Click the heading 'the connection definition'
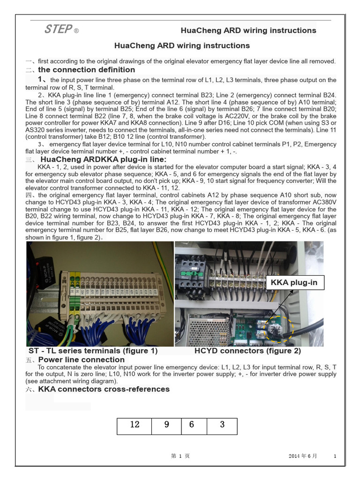(x=86, y=70)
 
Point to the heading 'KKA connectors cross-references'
(x=104, y=389)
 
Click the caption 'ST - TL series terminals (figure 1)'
(x=93, y=351)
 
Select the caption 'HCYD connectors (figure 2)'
(x=247, y=351)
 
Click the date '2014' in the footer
(x=294, y=456)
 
